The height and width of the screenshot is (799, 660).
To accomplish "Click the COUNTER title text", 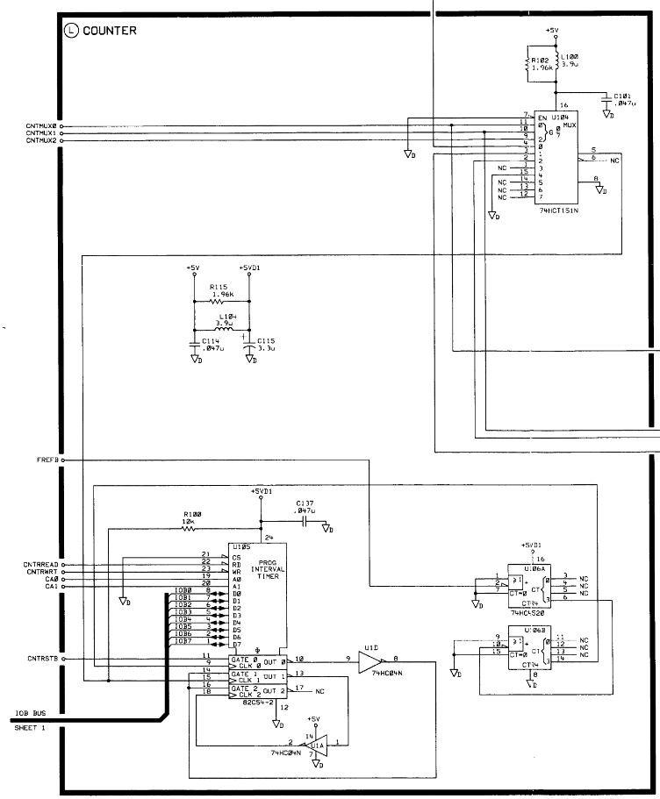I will (x=109, y=31).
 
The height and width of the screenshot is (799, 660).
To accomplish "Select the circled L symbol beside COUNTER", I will (x=72, y=31).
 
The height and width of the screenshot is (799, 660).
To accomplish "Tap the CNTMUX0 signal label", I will (x=40, y=125).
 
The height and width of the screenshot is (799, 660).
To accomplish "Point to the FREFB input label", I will (x=46, y=460).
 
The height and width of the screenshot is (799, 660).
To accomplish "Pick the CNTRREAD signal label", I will (x=42, y=565).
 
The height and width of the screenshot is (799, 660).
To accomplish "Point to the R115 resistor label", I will (x=219, y=286).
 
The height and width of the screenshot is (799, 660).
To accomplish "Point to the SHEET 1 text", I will (x=29, y=728).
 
